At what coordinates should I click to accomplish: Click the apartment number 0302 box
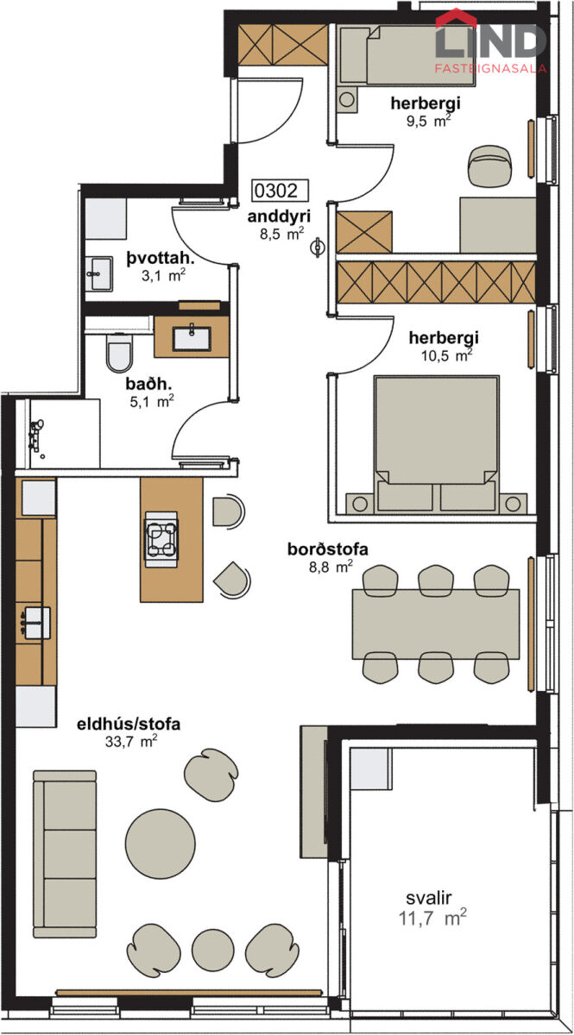click(281, 191)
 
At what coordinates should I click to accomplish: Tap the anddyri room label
click(279, 216)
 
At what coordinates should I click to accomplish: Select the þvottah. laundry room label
click(161, 258)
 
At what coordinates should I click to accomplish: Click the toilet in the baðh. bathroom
click(119, 353)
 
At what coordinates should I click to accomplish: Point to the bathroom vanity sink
click(192, 338)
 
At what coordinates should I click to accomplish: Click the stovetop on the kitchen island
click(161, 539)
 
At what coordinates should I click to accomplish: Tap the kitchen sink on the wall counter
click(37, 623)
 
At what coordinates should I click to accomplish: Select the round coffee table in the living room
click(160, 844)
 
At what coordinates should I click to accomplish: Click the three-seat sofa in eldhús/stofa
click(65, 854)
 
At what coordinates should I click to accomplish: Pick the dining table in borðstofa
click(436, 624)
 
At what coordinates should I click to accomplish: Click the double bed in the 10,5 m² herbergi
click(436, 444)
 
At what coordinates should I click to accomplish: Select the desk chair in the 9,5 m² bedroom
click(490, 166)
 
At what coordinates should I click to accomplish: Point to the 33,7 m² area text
click(131, 741)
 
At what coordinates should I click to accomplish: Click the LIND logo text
click(490, 41)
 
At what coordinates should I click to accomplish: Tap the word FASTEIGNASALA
click(490, 69)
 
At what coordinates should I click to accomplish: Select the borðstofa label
click(328, 549)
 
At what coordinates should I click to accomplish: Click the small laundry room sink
click(98, 273)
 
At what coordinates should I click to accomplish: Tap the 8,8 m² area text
click(331, 567)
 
